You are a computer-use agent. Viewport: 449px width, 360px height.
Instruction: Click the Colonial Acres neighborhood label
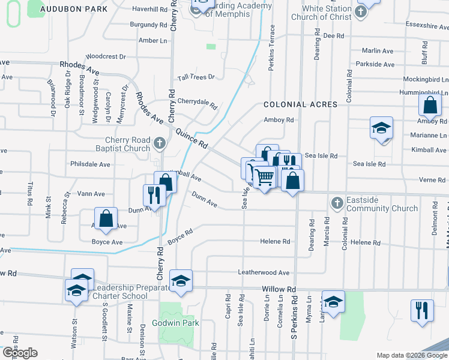pos(300,104)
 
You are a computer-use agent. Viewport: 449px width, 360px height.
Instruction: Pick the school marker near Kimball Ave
pos(381,128)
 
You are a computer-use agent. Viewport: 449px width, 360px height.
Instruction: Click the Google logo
pos(20,353)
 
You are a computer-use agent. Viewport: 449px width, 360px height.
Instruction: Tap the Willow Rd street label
pos(279,289)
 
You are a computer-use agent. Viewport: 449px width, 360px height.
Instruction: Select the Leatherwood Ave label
pos(264,272)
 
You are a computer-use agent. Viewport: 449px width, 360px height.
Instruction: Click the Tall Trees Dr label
pos(196,78)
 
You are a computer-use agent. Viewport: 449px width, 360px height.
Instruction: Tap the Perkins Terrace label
pos(272,47)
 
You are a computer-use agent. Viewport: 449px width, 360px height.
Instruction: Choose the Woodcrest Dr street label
pos(106,56)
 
